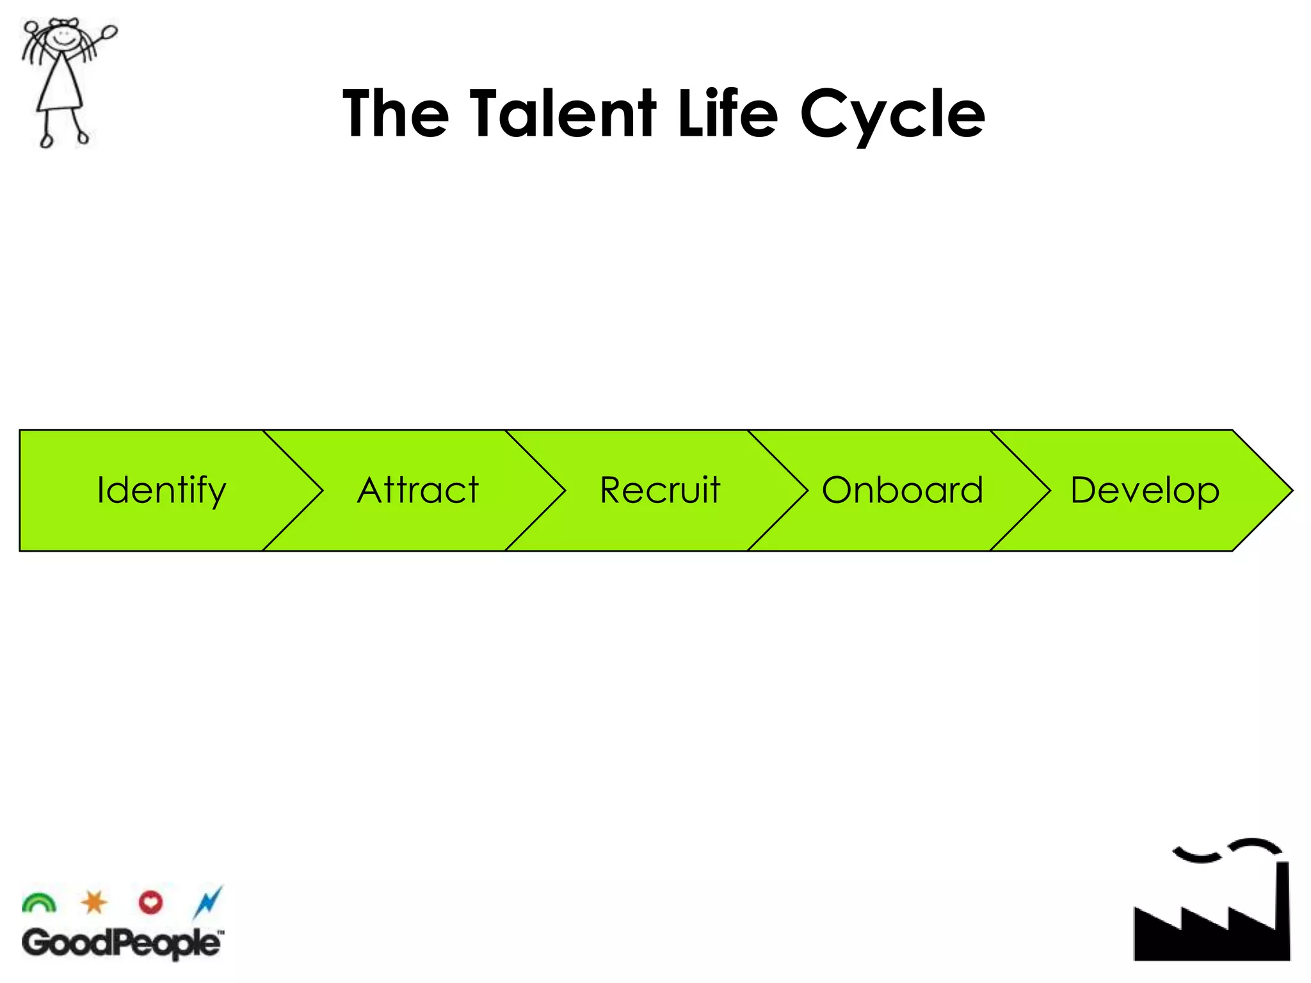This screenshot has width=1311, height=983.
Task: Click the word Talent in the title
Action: pyautogui.click(x=563, y=114)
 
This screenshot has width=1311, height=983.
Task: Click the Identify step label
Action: pyautogui.click(x=161, y=491)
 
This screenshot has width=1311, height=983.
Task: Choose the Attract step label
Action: pyautogui.click(x=417, y=491)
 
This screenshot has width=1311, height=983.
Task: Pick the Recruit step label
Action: pyautogui.click(x=660, y=491)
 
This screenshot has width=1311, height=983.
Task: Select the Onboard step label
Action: pyautogui.click(x=902, y=491)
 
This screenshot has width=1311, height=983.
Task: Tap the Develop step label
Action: pyautogui.click(x=1145, y=491)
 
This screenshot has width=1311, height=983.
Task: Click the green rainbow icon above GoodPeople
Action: pyautogui.click(x=39, y=903)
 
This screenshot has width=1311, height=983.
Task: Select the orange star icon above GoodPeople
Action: pyautogui.click(x=94, y=902)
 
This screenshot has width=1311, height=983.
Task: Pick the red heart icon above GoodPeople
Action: pyautogui.click(x=150, y=902)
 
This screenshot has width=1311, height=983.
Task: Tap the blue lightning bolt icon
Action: pyautogui.click(x=208, y=902)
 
